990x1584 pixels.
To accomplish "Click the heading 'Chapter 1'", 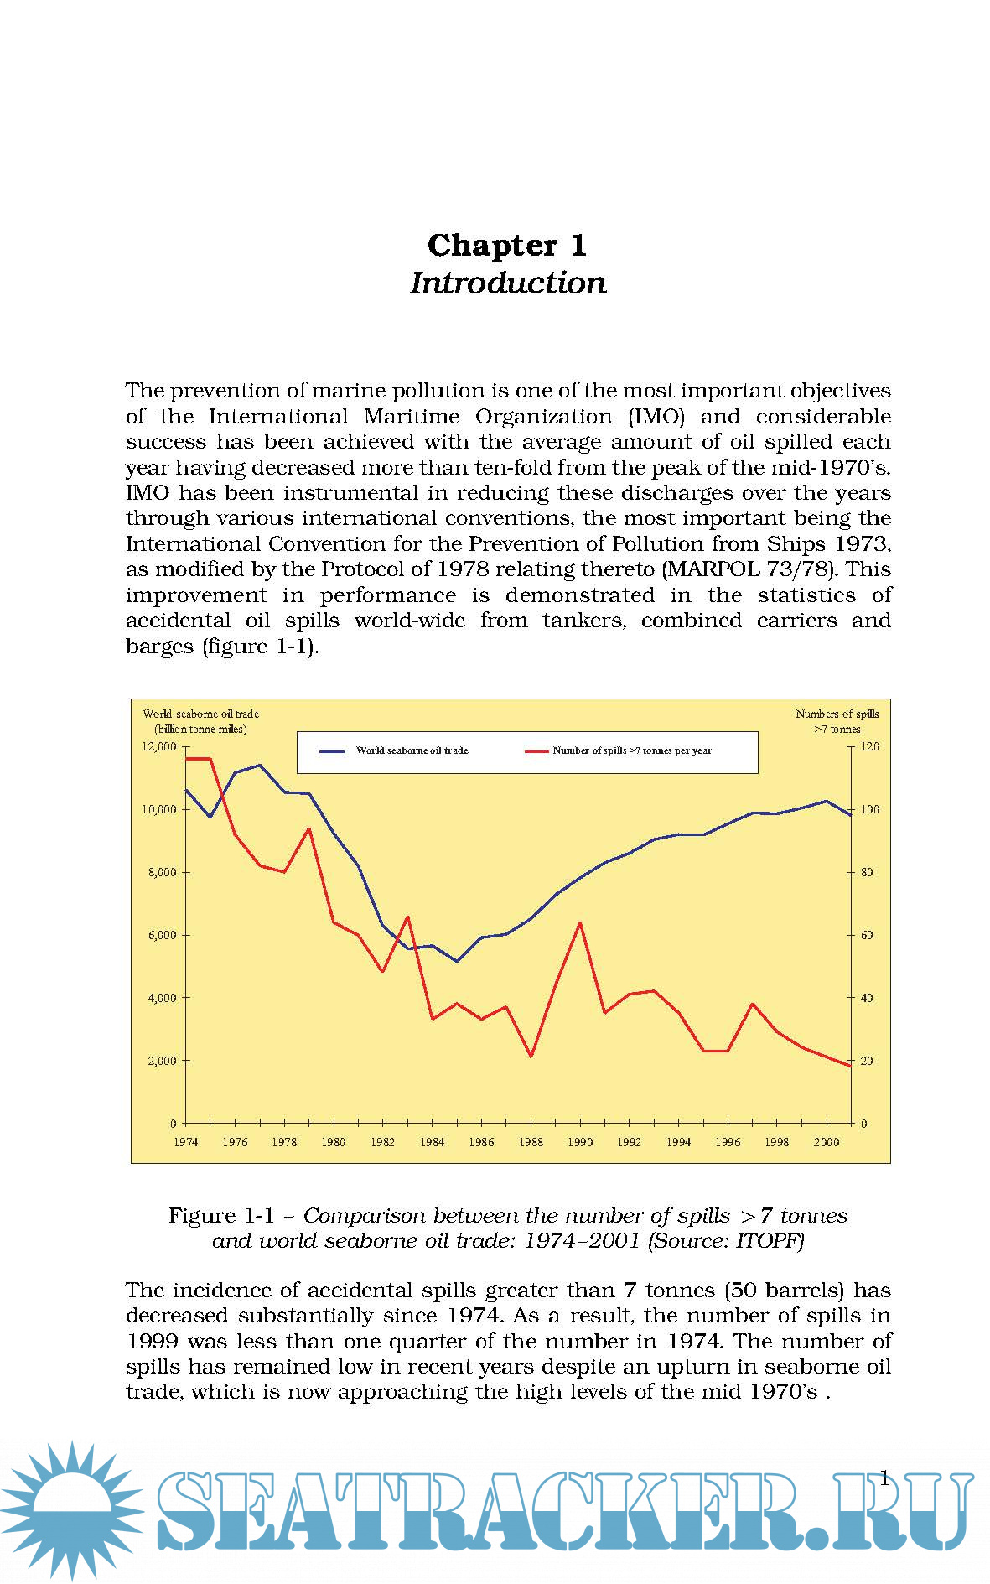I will click(x=506, y=246).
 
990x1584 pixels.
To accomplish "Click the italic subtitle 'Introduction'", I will click(x=507, y=283).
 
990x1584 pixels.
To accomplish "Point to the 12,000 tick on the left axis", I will click(x=159, y=746).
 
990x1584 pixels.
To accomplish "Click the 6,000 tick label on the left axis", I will click(x=159, y=935).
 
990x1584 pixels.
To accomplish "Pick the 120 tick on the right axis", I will click(x=870, y=746).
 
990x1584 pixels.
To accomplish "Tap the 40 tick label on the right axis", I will click(x=867, y=998).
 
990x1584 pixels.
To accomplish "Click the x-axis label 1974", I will click(x=185, y=1142).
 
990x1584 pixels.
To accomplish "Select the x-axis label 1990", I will click(x=580, y=1142).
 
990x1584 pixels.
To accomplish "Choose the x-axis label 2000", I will click(x=827, y=1142).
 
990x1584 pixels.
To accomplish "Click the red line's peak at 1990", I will click(x=580, y=922).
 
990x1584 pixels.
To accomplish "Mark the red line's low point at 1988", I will click(x=531, y=1056).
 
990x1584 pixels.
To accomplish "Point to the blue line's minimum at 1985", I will click(x=457, y=961).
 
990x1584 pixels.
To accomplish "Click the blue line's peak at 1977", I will click(x=260, y=765).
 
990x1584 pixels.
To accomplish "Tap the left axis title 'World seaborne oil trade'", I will click(x=200, y=714).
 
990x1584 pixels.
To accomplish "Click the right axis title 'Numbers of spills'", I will click(x=837, y=714).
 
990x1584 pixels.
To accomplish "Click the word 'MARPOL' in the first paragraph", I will click(x=713, y=569).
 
